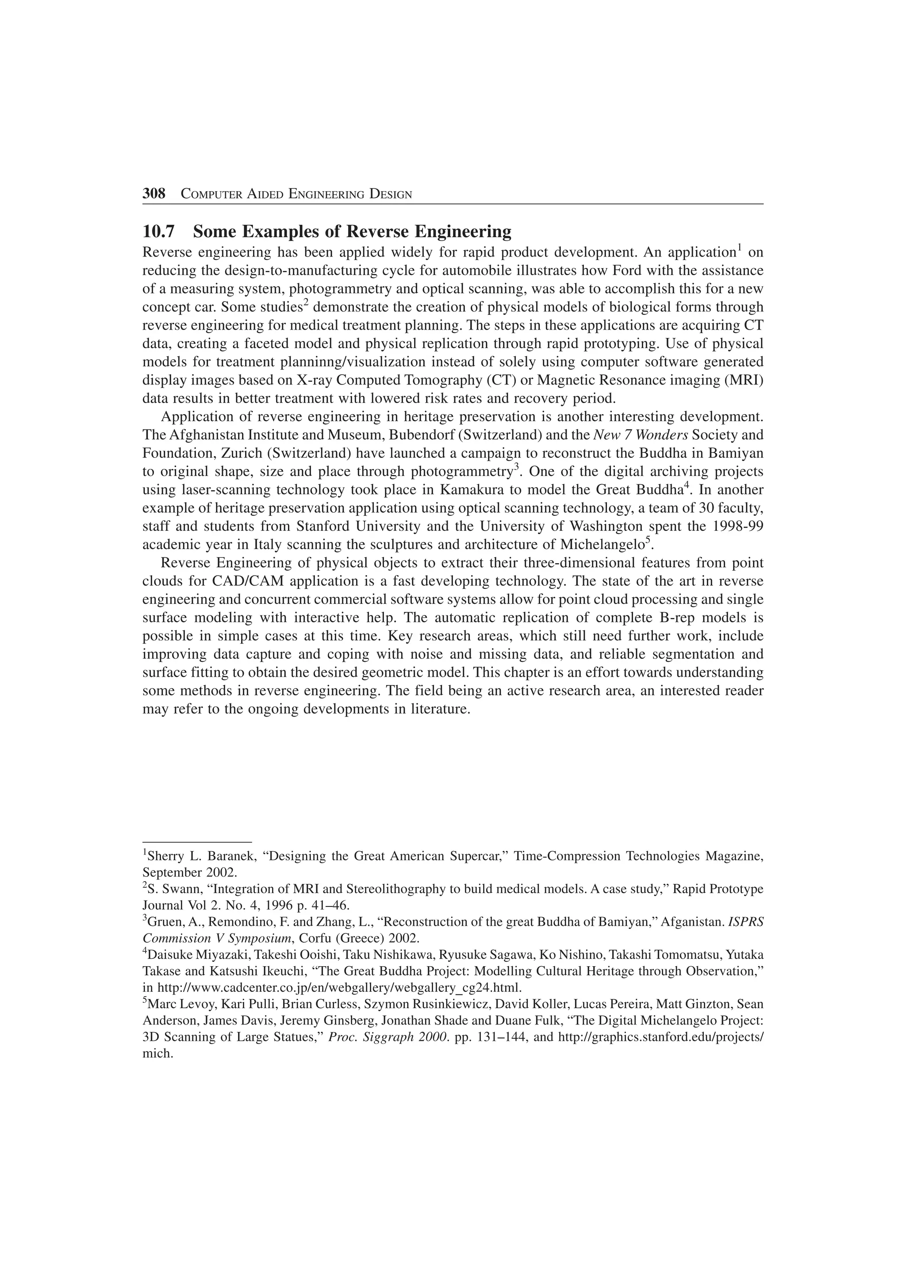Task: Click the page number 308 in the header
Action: pyautogui.click(x=154, y=194)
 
